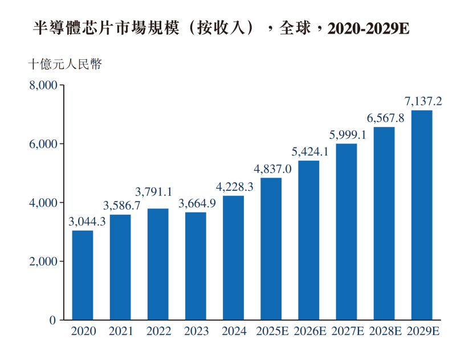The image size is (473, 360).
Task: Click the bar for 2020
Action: coord(83,275)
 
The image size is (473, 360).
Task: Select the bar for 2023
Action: coord(195,266)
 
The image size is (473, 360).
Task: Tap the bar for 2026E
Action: coord(309,240)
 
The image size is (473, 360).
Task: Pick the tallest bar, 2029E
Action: coord(422,215)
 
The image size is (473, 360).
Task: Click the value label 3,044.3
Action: coord(87,222)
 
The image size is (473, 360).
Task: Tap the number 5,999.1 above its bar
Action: coord(348,135)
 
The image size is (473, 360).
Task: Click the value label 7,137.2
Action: coord(423,101)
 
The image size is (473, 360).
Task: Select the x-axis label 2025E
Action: coord(271,332)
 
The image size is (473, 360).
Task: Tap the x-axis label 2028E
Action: coord(384,332)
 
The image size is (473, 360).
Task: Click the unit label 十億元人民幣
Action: coord(66,64)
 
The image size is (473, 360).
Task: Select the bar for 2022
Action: coord(158,264)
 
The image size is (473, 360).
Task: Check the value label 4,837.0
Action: coord(272,169)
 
